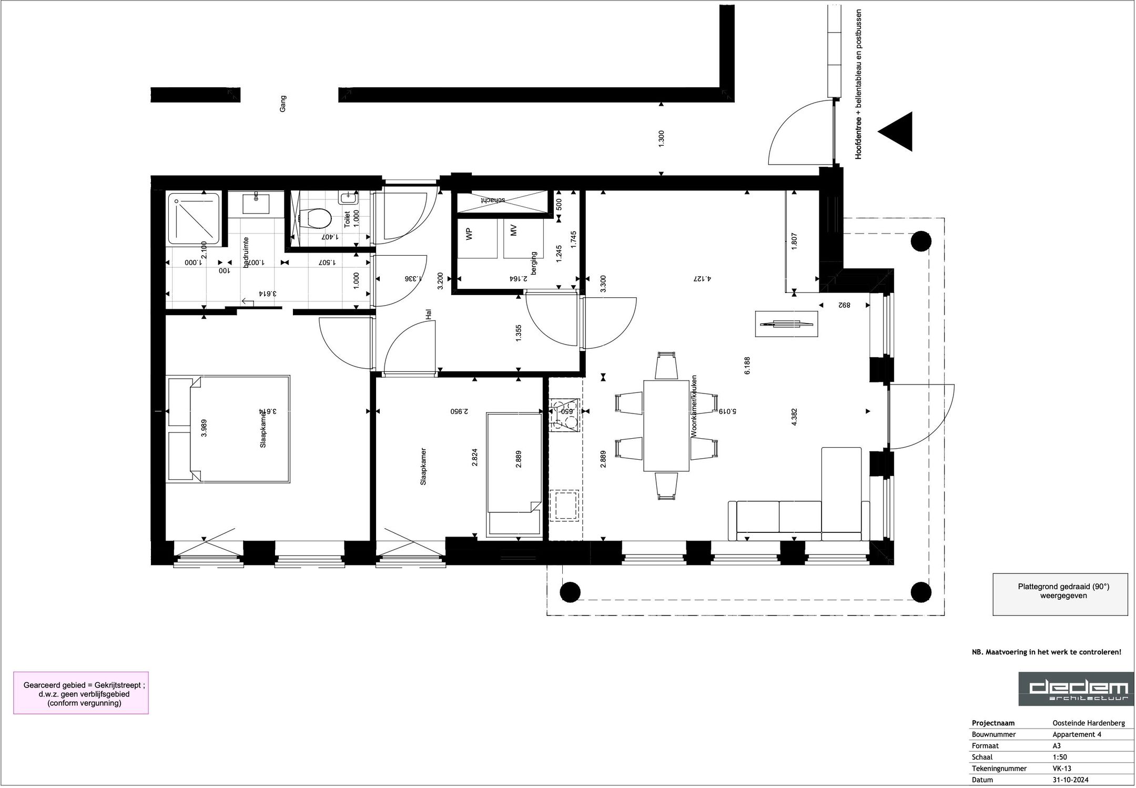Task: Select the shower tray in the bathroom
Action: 194,218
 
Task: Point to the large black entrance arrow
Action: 897,132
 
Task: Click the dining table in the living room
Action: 666,426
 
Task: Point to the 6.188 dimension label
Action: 747,366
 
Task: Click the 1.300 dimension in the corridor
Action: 662,138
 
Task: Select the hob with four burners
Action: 564,415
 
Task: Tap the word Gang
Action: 283,103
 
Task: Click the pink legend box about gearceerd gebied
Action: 81,692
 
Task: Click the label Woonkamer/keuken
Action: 694,406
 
